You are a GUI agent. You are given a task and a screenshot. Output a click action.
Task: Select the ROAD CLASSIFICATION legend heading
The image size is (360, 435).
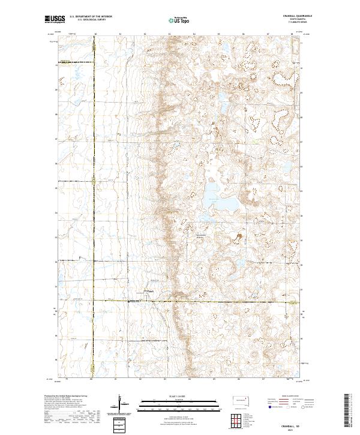click(x=286, y=397)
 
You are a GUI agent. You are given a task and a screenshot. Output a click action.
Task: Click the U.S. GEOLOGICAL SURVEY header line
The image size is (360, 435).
click(x=87, y=20)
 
